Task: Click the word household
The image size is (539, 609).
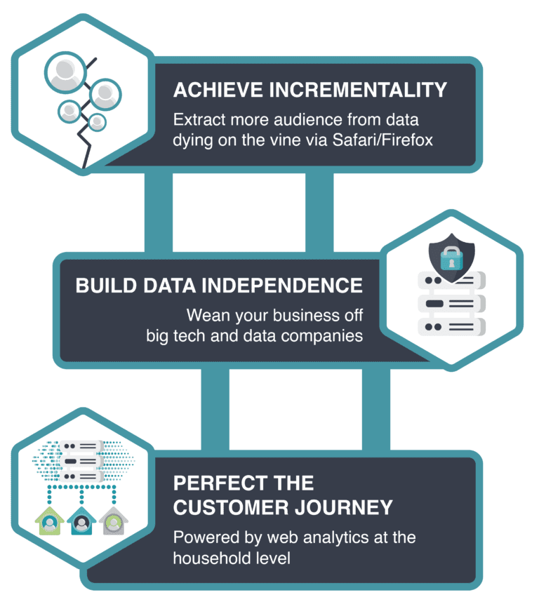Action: (x=209, y=558)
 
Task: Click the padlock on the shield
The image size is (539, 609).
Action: (x=451, y=258)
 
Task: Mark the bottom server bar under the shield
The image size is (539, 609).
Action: (x=451, y=326)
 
